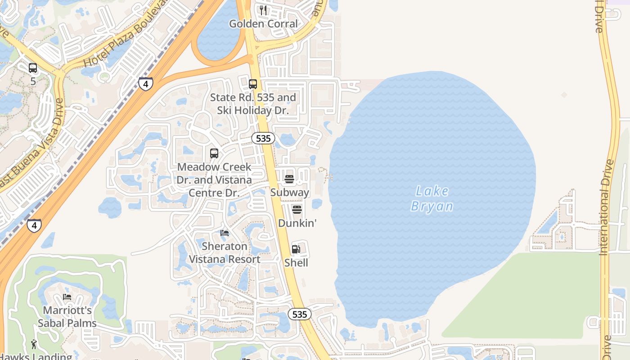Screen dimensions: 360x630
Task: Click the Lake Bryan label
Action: coord(432,198)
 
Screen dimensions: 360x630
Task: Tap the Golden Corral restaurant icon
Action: coord(263,10)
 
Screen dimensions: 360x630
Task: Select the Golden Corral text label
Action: coord(263,24)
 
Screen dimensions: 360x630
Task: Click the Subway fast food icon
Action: coord(289,179)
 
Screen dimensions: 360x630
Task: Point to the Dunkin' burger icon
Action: coord(297,210)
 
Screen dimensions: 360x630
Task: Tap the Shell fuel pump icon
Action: coord(296,249)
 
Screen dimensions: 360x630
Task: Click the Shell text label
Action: coord(296,263)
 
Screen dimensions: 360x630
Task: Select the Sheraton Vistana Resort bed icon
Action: coord(225,233)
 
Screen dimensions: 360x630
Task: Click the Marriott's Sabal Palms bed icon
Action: coord(67,297)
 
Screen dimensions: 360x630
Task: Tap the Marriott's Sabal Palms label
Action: coord(67,317)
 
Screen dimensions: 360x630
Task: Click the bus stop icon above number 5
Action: coord(33,68)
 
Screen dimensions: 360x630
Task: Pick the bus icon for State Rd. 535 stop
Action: coord(253,84)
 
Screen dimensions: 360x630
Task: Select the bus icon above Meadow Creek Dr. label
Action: coord(214,153)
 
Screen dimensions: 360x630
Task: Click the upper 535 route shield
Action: coord(263,139)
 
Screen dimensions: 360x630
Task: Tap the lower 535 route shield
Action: coord(299,314)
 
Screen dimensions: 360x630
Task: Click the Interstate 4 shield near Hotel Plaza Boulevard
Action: coord(145,84)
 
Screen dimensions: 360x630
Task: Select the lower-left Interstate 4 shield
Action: coord(34,225)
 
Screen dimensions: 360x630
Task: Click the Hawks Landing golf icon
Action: coord(34,345)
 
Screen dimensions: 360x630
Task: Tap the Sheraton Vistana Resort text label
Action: coord(225,253)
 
